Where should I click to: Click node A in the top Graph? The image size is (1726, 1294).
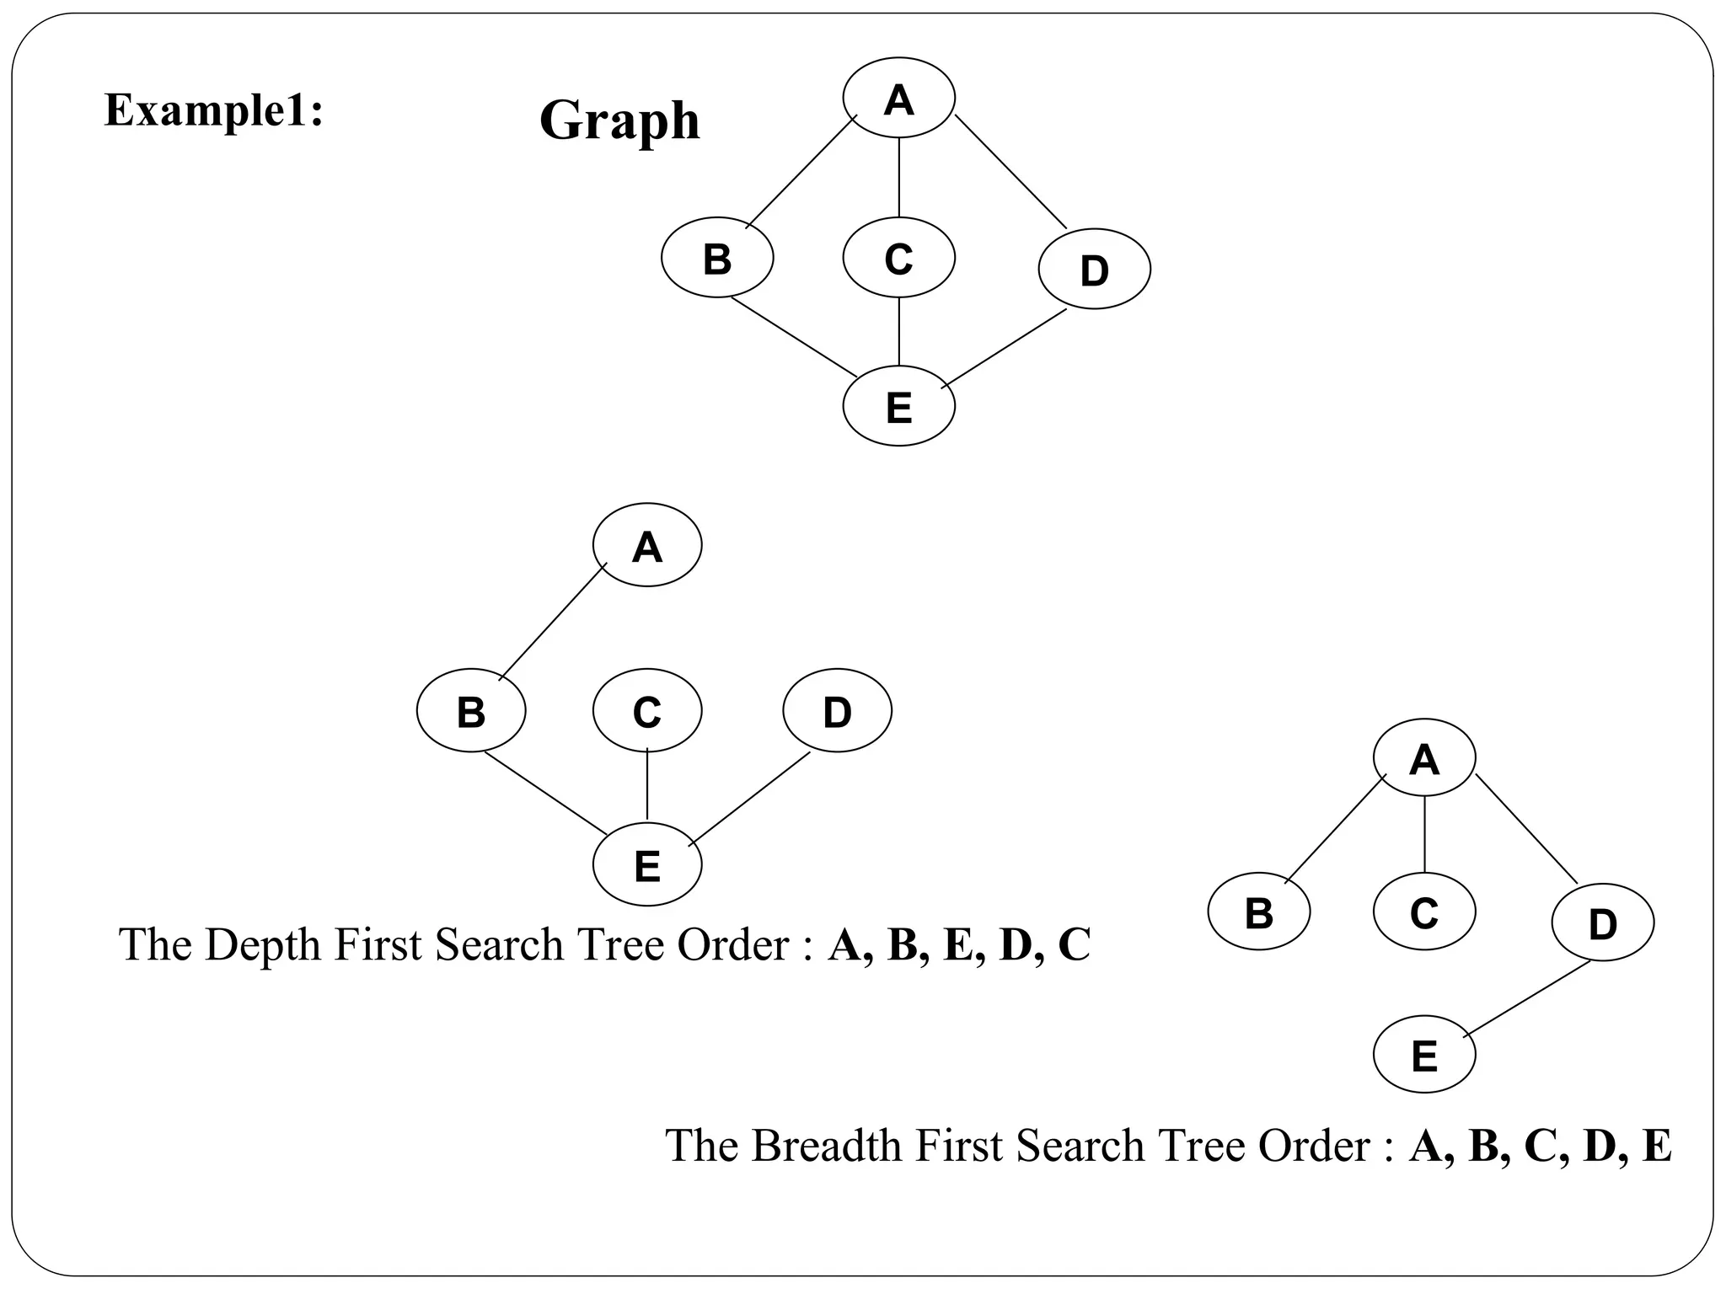898,98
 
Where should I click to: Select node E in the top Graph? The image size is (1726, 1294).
898,406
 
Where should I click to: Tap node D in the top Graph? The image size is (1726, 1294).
1094,269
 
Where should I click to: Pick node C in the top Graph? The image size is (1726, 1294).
898,257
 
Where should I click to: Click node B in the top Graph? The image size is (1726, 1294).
717,257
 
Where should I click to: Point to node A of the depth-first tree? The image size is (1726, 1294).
646,545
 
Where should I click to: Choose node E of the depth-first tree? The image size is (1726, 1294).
646,864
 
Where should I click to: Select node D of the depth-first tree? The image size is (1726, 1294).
837,711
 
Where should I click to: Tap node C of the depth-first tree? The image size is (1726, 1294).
646,711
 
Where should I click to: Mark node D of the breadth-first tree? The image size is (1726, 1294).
1602,922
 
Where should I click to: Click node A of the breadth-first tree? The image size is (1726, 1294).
1423,757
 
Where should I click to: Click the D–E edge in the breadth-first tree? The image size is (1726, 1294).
1527,999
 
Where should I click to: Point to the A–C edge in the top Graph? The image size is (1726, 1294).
898,177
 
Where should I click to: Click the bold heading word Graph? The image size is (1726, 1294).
619,120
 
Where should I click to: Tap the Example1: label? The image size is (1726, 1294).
214,110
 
